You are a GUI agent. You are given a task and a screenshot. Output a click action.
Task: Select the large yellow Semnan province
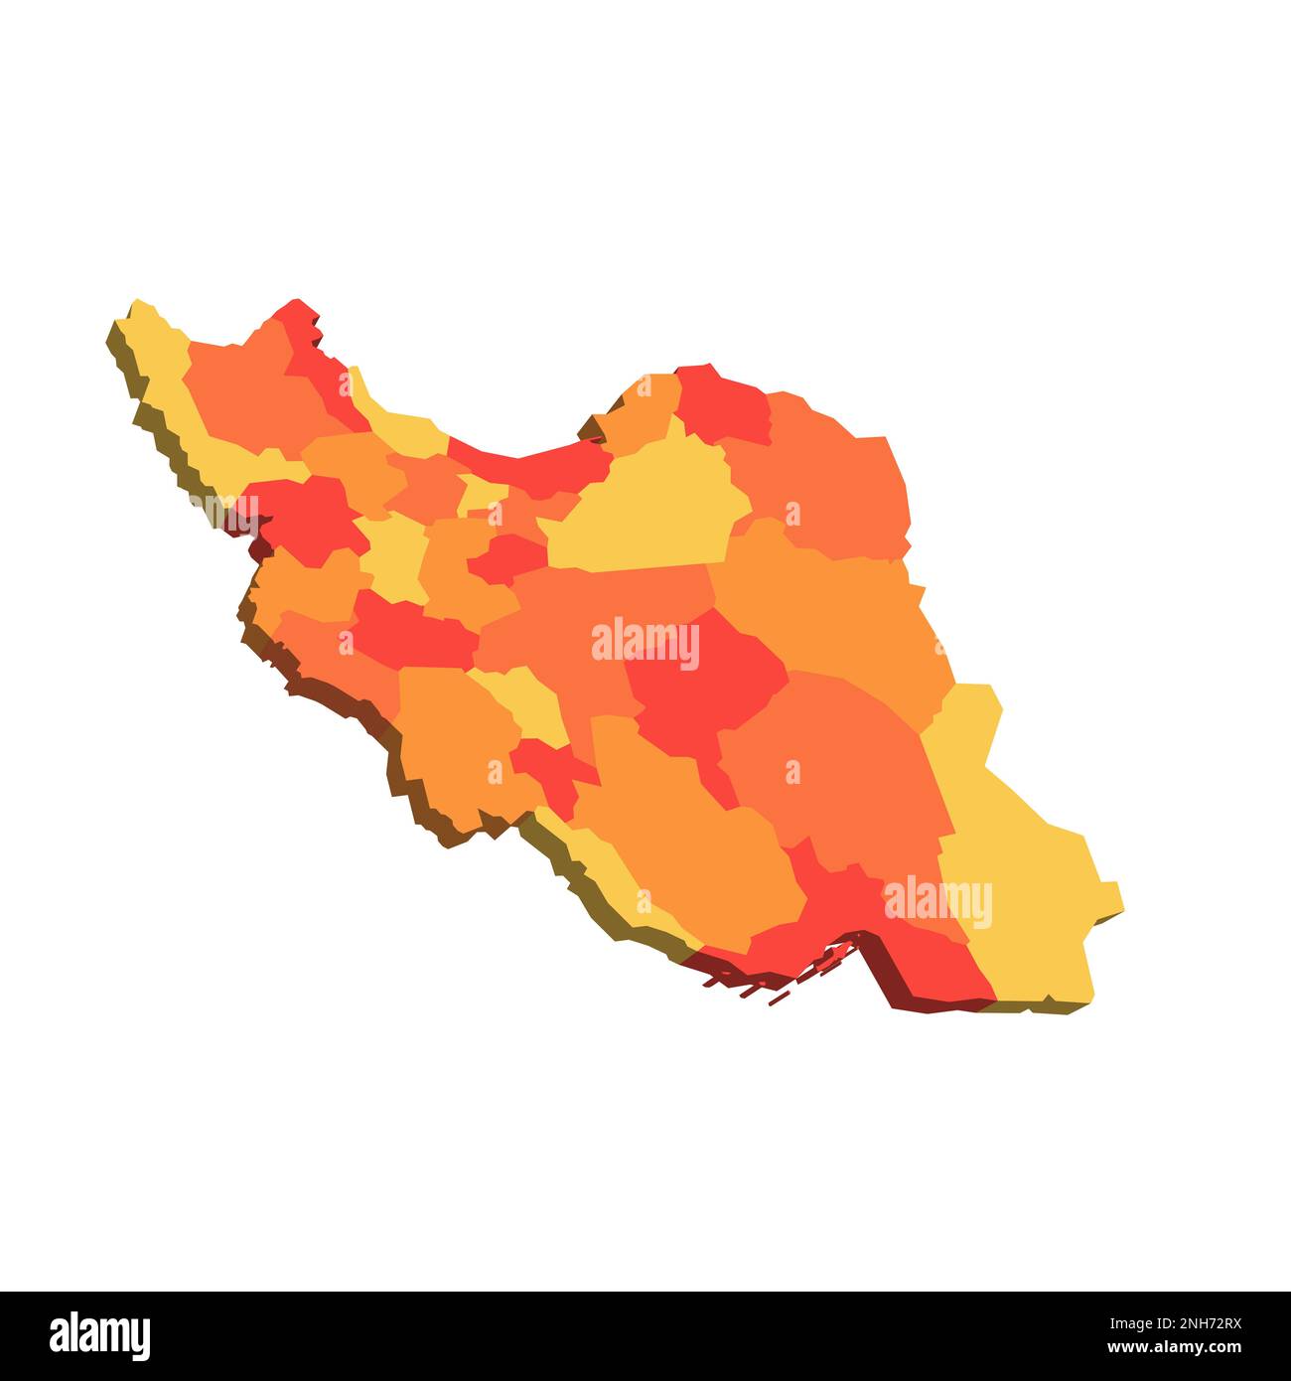tap(645, 517)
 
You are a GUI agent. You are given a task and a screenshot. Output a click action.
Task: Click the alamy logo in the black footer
tap(100, 1335)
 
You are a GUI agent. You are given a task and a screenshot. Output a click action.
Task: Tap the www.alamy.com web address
tap(1171, 1349)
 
